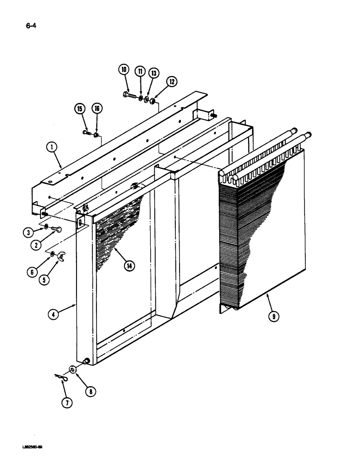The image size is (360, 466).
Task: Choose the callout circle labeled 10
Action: tap(124, 70)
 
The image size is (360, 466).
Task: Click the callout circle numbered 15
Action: tap(79, 109)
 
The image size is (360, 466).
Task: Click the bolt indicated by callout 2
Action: tap(55, 228)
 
